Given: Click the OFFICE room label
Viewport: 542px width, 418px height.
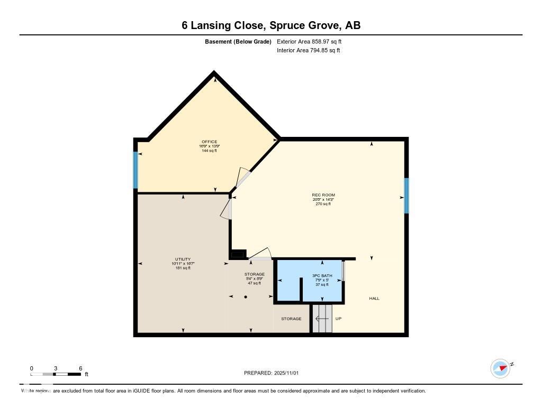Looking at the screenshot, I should [210, 142].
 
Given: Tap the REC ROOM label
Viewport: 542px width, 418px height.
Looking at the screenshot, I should [323, 195].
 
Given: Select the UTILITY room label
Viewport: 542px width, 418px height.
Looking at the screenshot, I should [183, 259].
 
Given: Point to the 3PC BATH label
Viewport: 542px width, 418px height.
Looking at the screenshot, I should [322, 276].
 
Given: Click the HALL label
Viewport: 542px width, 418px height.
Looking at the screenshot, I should [374, 299].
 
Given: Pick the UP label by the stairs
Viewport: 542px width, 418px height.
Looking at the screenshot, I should [339, 319].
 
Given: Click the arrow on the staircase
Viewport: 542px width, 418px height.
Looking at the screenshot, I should [321, 319].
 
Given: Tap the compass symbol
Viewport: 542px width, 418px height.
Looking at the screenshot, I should [500, 368].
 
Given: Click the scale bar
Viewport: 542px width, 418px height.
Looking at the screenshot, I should [56, 374].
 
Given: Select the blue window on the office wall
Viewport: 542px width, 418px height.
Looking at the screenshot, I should [135, 170].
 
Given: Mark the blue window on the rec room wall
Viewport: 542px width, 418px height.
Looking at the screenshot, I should [406, 196].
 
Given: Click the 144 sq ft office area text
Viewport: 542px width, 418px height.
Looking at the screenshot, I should [210, 151].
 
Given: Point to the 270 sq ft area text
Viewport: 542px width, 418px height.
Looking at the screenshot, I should [323, 203].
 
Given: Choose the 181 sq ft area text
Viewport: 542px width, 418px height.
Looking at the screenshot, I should [183, 268].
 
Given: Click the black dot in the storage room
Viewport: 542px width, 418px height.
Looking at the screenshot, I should [246, 297].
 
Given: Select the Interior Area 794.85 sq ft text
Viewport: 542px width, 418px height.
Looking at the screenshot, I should [309, 50].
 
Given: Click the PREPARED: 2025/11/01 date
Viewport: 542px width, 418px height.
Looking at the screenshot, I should [272, 373].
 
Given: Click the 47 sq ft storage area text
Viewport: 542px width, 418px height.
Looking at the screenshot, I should [255, 283].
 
